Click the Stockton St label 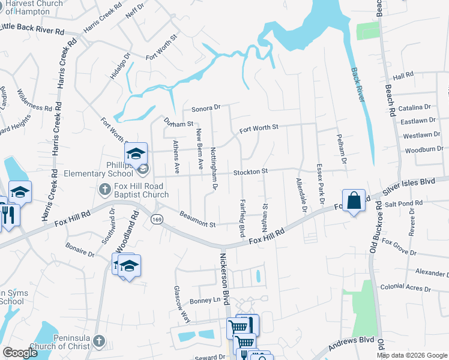pos(250,172)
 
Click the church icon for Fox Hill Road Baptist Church pos(105,190)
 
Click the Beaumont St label pos(197,220)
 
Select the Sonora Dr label pos(206,109)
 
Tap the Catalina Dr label pos(418,107)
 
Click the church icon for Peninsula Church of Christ pos(99,342)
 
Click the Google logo pos(20,353)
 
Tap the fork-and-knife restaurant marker pos(8,215)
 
